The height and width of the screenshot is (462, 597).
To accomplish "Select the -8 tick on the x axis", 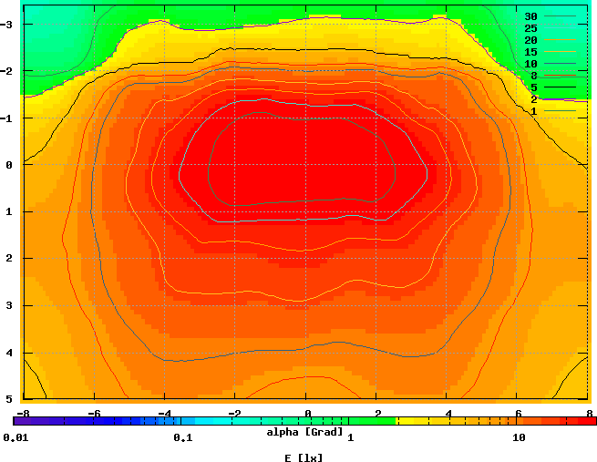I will [x=23, y=413].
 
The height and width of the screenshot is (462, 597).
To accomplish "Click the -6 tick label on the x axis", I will [x=93, y=413].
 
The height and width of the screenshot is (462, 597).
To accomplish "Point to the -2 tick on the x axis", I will [x=234, y=413].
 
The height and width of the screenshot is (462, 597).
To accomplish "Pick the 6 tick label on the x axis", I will [x=518, y=413].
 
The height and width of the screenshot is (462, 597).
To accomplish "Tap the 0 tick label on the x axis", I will [x=307, y=413].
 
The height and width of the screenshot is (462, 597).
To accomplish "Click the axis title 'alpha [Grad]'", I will [x=304, y=431].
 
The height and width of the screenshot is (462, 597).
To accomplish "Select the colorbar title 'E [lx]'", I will [x=304, y=457].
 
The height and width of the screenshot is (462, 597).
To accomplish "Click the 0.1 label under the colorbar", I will [x=182, y=437].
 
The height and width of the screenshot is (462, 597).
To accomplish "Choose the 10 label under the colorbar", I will [x=520, y=437].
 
